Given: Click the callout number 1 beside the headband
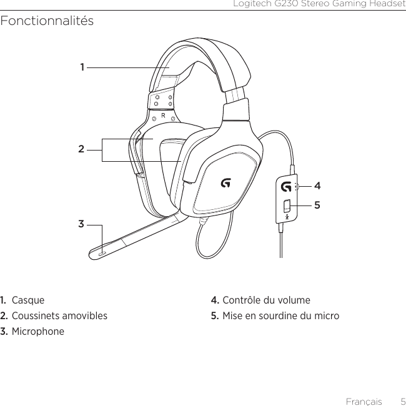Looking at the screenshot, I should point(82,67).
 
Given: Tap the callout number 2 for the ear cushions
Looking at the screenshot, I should point(81,150).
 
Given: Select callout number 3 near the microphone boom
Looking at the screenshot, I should point(81,223).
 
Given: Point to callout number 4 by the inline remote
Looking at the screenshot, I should point(318,186).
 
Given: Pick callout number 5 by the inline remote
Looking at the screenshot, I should point(318,204).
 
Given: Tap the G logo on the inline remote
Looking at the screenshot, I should point(286,187).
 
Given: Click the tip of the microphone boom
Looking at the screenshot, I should point(101,254).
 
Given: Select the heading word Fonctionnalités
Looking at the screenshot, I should point(47,21).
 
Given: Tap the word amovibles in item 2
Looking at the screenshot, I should point(85,316).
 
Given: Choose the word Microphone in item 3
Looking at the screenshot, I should point(38,331).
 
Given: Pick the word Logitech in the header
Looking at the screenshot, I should point(252,5).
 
